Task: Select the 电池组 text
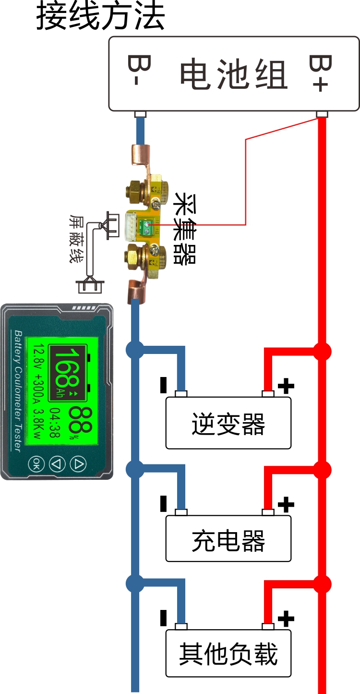pos(234,74)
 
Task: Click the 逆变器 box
pos(228,423)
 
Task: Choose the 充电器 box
pos(228,539)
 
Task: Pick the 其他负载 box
pos(228,654)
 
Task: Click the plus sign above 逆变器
pos(286,385)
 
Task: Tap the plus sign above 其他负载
pos(286,619)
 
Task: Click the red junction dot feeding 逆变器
pos(322,351)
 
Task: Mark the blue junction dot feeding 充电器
pos(135,469)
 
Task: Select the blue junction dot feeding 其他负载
pos(135,584)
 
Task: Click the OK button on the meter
pos(36,463)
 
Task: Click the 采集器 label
pos(185,229)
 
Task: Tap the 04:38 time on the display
pos(56,422)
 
